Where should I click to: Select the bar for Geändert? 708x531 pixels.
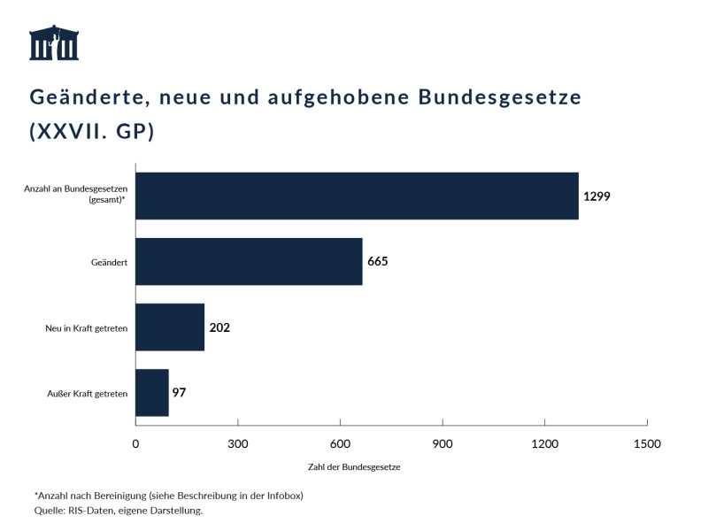pyautogui.click(x=249, y=261)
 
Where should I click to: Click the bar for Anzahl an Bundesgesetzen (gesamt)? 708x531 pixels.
pyautogui.click(x=357, y=196)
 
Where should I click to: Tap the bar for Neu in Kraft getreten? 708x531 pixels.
pyautogui.click(x=170, y=327)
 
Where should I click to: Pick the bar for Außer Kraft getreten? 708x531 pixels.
pyautogui.click(x=151, y=392)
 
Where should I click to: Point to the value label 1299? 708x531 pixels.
pyautogui.click(x=596, y=196)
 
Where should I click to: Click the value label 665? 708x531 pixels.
pyautogui.click(x=378, y=261)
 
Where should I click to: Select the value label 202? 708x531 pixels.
pyautogui.click(x=219, y=327)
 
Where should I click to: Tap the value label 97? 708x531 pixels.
pyautogui.click(x=179, y=392)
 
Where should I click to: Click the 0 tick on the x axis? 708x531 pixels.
pyautogui.click(x=135, y=443)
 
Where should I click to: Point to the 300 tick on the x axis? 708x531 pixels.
pyautogui.click(x=238, y=443)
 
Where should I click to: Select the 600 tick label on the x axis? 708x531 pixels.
pyautogui.click(x=340, y=443)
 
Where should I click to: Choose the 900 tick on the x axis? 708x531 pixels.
pyautogui.click(x=442, y=443)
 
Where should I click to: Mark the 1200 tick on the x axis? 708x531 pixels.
pyautogui.click(x=544, y=443)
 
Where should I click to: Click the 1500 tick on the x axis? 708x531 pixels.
pyautogui.click(x=647, y=443)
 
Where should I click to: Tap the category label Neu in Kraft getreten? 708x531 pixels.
pyautogui.click(x=87, y=327)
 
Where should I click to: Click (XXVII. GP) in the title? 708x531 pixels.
pyautogui.click(x=92, y=131)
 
